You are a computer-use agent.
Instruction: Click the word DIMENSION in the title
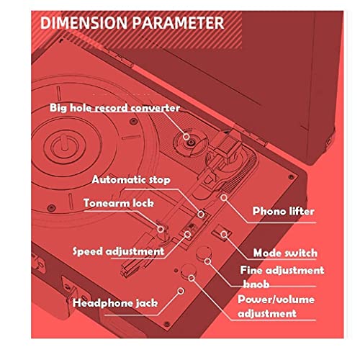coord(84,23)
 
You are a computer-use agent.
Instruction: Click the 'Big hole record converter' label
coord(114,108)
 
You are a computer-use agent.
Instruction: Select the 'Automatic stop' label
coord(131,180)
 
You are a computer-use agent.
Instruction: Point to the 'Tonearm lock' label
coord(119,203)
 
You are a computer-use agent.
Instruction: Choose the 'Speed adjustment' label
coord(118,251)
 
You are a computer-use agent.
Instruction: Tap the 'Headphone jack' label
coord(115,303)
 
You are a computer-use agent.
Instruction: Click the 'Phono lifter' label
coord(284,211)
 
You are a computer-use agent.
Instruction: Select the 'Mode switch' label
coord(285,253)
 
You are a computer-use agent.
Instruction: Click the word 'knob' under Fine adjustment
coord(256,284)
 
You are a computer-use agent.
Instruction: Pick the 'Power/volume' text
coord(276,300)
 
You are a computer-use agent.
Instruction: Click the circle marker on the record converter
coord(186,137)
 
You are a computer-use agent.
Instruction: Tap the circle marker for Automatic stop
coord(201,214)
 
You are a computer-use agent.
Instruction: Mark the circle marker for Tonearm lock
coord(161,229)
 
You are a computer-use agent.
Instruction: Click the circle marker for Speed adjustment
coord(187,234)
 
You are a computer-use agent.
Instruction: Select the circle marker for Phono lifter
coord(224,197)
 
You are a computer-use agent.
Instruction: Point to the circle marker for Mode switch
coord(224,234)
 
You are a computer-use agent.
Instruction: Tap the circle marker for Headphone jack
coord(181,291)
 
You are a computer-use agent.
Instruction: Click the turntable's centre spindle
coord(64,143)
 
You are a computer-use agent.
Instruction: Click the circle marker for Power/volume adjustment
coord(192,278)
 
